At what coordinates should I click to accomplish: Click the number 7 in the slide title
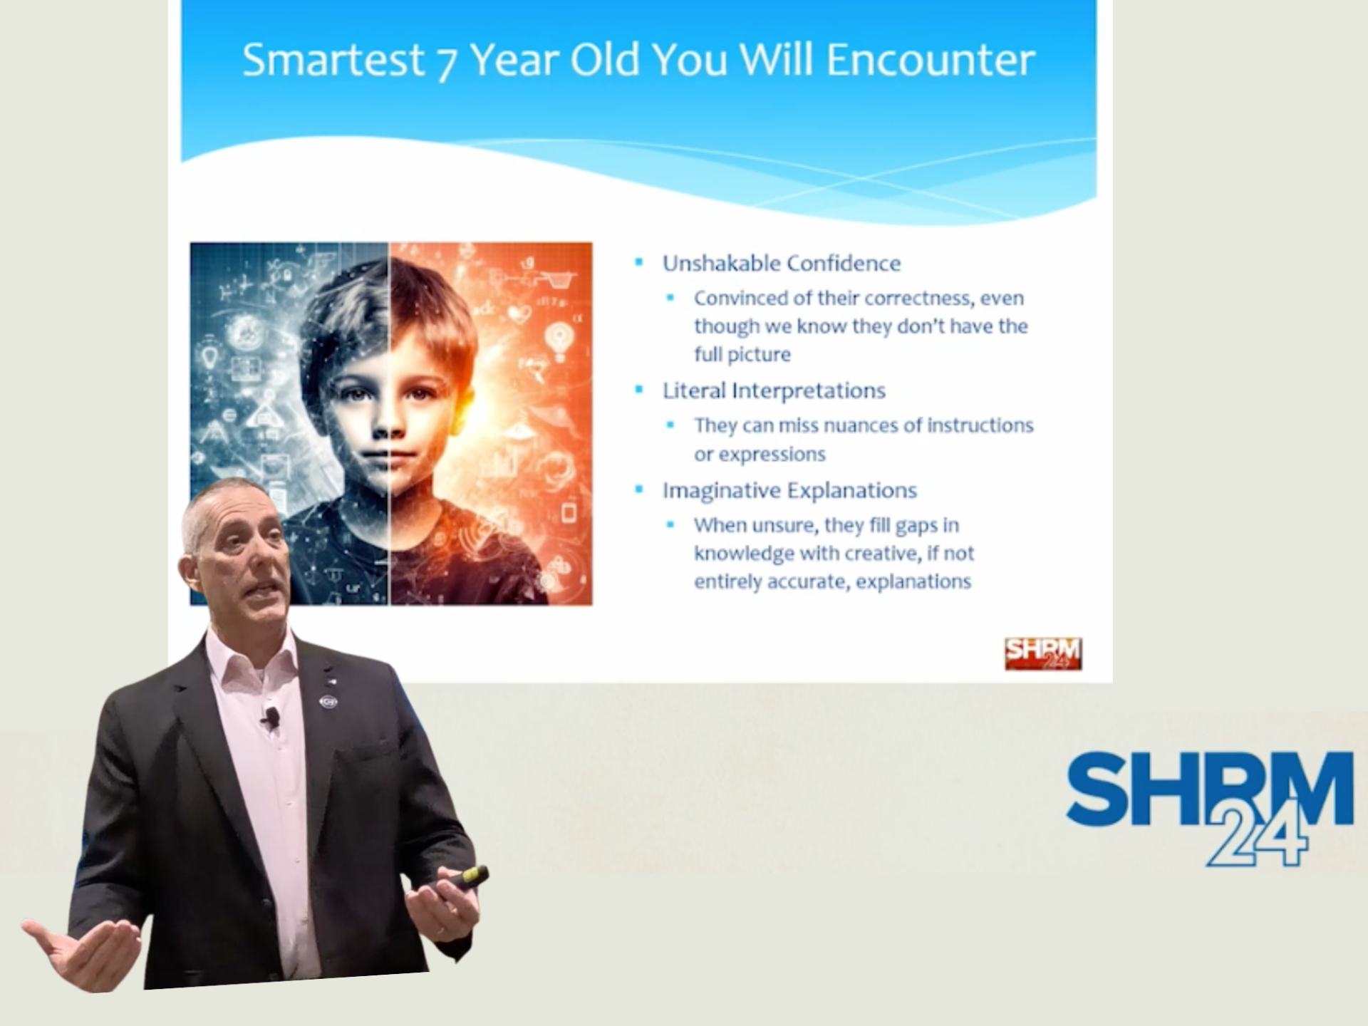[446, 63]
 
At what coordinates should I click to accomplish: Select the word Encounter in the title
[931, 59]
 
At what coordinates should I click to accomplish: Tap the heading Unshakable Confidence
[782, 264]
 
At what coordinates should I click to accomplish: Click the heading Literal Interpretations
[774, 390]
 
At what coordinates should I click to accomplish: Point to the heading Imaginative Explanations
[789, 490]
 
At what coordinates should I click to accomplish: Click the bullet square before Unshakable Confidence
[639, 263]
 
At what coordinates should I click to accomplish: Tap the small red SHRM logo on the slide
[1043, 653]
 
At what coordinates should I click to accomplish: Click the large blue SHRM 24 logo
[1210, 807]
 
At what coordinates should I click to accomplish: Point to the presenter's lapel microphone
[270, 717]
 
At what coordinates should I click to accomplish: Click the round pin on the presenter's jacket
[328, 702]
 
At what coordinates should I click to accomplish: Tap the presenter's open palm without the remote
[85, 951]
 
